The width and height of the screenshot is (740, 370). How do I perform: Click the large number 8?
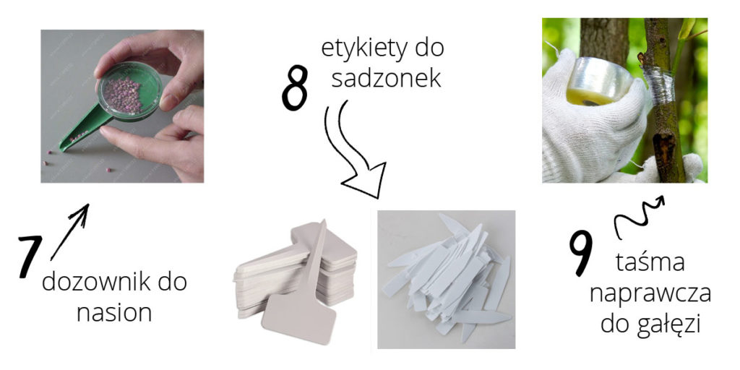[295, 87]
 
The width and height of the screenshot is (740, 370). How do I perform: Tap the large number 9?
[580, 253]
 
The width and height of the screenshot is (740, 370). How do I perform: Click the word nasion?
[114, 313]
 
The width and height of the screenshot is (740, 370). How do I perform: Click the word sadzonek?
[386, 78]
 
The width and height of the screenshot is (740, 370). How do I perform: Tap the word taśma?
[650, 262]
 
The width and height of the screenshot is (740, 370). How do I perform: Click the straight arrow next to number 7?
[69, 232]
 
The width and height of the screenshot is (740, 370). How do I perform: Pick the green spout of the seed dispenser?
[85, 129]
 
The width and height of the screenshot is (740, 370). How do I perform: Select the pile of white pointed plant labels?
[446, 278]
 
